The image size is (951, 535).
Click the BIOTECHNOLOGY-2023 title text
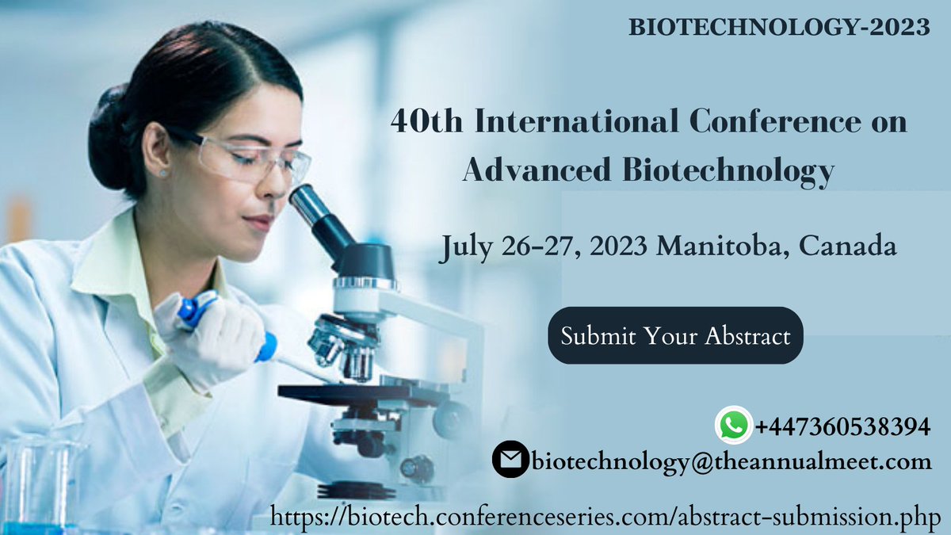tap(779, 27)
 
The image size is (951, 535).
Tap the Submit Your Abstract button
tap(675, 335)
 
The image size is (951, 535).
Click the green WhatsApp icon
tap(733, 426)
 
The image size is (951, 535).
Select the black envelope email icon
tap(510, 460)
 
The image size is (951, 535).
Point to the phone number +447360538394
tap(842, 426)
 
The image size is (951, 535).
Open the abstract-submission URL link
tap(605, 517)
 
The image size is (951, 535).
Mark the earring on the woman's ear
tap(163, 172)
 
